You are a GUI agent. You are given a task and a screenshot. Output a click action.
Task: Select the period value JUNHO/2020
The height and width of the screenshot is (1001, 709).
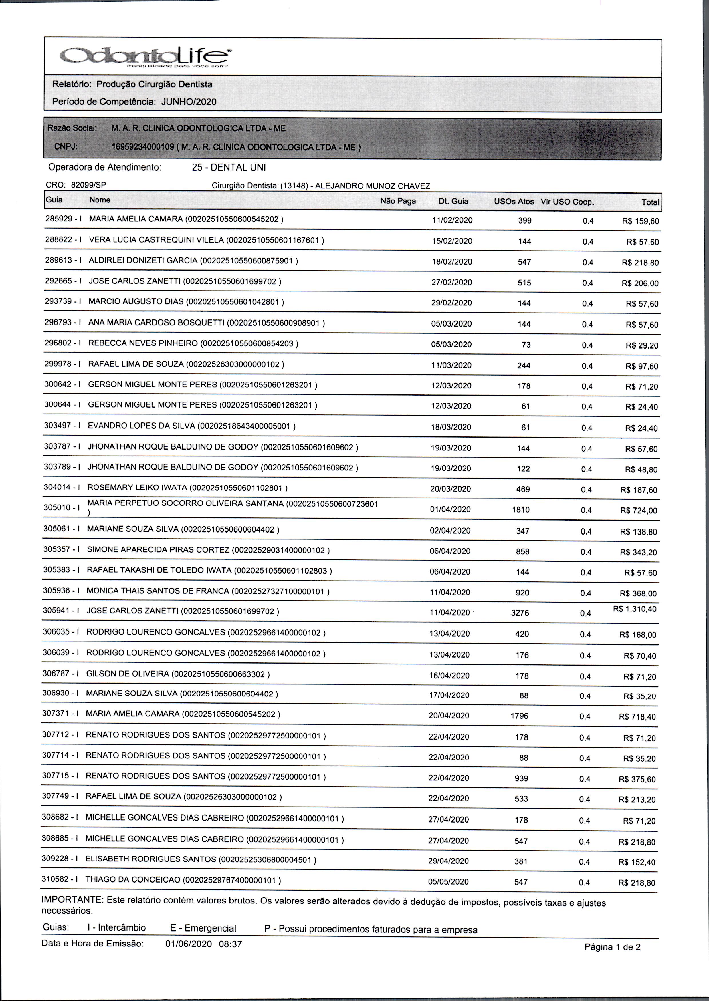(189, 102)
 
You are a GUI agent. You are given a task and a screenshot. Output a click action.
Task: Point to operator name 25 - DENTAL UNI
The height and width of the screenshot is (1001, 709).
(229, 168)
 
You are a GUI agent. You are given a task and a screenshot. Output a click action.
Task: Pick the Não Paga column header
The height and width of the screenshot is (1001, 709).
(398, 201)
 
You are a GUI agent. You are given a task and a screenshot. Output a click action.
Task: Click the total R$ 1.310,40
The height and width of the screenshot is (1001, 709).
(635, 609)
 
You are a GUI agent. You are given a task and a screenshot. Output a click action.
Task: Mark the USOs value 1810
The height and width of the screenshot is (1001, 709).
(521, 510)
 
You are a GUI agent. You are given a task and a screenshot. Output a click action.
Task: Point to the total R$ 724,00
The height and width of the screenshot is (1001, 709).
(638, 511)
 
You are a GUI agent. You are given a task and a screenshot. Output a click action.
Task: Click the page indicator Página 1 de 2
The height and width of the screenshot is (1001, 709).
(613, 947)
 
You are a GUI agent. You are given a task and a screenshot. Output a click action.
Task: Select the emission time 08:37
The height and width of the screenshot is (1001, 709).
(231, 944)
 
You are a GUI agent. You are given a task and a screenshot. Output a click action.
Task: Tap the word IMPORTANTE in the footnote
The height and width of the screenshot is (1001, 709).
(72, 900)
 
